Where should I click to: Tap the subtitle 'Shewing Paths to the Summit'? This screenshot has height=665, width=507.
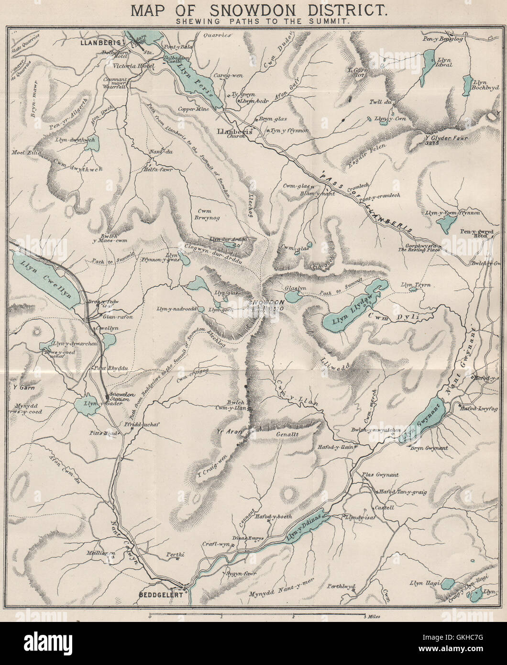(x=253, y=22)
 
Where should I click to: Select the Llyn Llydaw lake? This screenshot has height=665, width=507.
(x=350, y=314)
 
